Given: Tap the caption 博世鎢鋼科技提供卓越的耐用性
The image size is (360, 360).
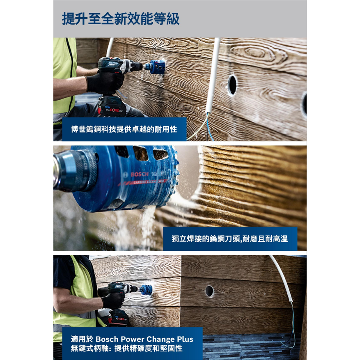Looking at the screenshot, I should (x=124, y=129).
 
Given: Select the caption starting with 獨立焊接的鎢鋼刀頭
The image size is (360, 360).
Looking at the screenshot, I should (x=229, y=238).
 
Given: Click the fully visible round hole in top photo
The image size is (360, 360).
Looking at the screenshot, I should (x=232, y=85).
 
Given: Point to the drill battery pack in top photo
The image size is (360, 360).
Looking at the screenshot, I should (x=111, y=108).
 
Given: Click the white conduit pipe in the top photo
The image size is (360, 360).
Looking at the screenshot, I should (x=213, y=74).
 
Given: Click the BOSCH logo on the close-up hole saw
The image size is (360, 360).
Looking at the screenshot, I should (x=140, y=174).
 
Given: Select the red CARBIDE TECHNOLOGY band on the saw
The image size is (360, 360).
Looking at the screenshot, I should (x=150, y=181).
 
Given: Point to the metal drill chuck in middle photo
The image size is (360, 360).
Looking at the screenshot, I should (x=76, y=170).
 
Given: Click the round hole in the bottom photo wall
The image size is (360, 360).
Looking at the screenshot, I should (x=209, y=291).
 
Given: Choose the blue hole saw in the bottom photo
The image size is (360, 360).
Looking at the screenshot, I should (x=146, y=290).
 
